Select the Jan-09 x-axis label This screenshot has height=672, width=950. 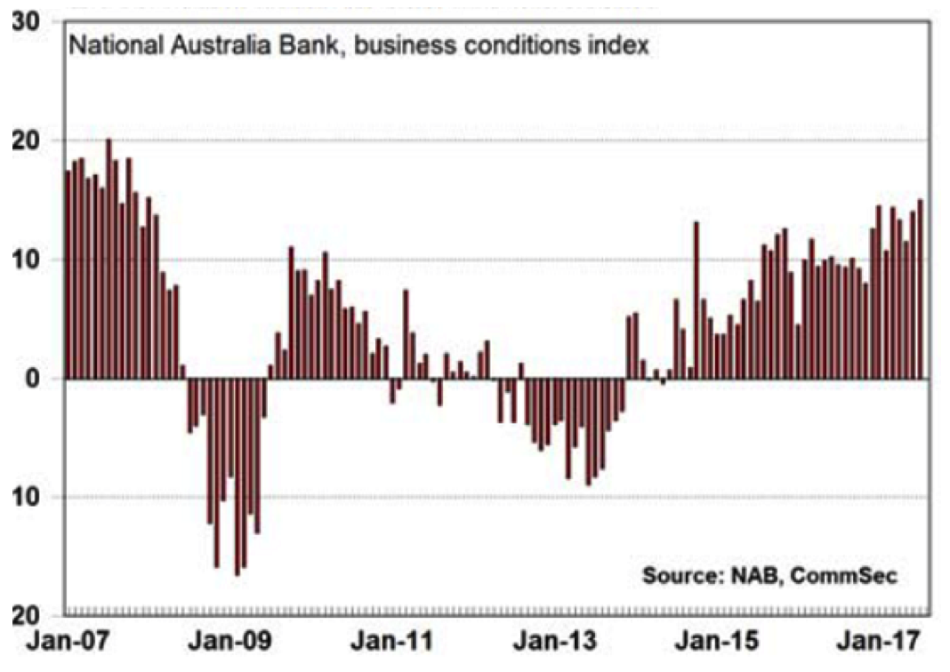tap(226, 641)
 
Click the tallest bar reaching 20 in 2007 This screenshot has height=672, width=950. tap(109, 258)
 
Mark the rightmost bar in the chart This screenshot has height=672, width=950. tap(920, 289)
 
